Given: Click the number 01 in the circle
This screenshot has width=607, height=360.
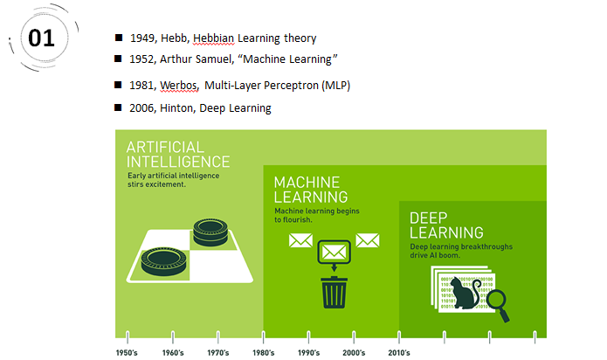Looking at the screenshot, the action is click(41, 38).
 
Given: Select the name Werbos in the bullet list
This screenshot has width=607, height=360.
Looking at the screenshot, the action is click(179, 85).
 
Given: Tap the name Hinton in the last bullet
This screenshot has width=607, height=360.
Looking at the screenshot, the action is click(176, 107).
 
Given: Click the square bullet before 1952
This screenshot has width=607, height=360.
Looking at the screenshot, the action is click(119, 59).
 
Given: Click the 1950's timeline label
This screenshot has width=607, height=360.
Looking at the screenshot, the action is click(127, 353).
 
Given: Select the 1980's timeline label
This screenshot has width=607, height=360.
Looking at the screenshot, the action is click(263, 353).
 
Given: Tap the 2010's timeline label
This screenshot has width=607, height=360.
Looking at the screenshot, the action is click(399, 353).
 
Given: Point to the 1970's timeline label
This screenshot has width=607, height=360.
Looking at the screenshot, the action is click(218, 353).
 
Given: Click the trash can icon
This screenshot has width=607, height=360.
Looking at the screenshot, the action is click(335, 292).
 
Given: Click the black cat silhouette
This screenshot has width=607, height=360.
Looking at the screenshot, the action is click(465, 293).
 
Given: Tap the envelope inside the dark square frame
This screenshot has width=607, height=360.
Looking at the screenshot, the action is click(335, 253).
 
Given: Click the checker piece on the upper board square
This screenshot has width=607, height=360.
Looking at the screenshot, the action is click(210, 232).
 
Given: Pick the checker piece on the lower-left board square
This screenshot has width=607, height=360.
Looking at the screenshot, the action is click(163, 261).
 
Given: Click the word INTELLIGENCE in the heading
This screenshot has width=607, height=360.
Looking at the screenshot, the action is click(178, 162).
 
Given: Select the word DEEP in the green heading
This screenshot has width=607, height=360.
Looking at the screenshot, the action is click(429, 218).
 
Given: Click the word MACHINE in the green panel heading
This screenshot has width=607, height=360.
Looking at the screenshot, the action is click(307, 183).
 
